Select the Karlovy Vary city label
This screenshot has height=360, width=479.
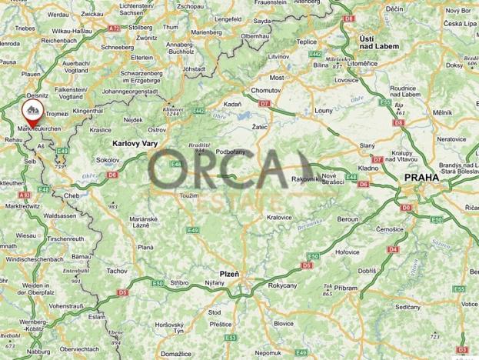click(135, 144)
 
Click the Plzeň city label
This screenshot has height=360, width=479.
click(228, 274)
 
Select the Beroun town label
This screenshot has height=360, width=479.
click(348, 219)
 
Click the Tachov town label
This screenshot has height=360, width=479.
click(117, 272)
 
